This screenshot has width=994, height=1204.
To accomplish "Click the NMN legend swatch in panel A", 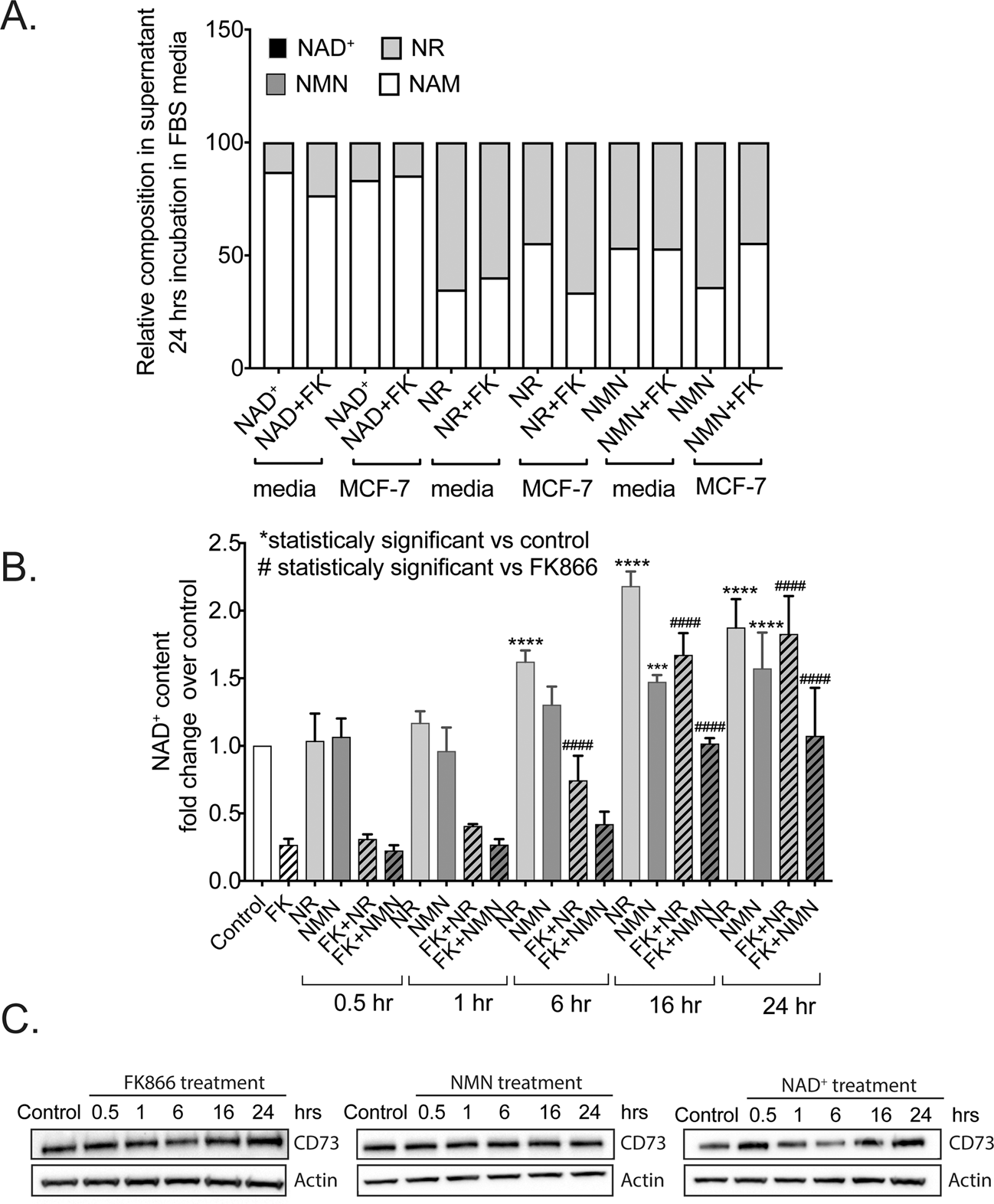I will [x=276, y=83].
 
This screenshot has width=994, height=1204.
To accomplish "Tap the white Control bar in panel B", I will [x=262, y=812].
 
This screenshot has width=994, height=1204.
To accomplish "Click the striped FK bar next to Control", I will [x=288, y=862].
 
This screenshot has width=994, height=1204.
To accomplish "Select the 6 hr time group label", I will [x=570, y=1003].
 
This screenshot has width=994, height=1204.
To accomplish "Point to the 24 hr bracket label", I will [x=788, y=1006].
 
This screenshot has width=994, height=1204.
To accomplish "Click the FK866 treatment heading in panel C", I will [x=194, y=1082].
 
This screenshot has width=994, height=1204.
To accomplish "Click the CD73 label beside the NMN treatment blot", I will [x=643, y=1143].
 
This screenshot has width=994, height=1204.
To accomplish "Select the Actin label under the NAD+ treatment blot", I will [x=970, y=1180].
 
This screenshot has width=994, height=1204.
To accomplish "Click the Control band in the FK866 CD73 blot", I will [x=55, y=1147].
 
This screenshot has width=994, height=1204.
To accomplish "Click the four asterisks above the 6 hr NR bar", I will [x=525, y=642].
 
